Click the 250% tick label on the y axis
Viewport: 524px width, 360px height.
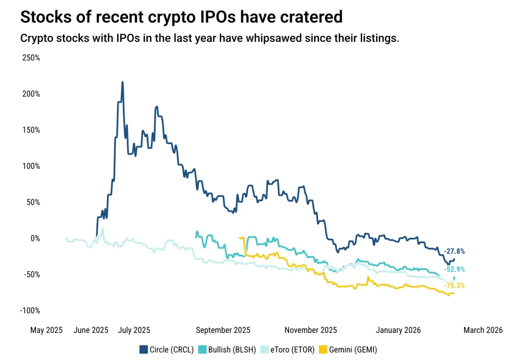[x=31, y=58]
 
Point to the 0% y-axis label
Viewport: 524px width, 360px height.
[x=34, y=238]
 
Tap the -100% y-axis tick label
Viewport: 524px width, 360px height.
[x=30, y=310]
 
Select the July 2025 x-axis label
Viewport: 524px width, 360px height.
[x=134, y=330]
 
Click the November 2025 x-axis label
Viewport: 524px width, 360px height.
[x=311, y=330]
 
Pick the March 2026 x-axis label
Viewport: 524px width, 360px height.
[x=483, y=330]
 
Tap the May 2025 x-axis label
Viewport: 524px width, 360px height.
[x=46, y=330]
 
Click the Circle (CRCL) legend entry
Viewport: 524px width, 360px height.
[x=166, y=350]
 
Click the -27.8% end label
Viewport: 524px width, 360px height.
[x=454, y=252]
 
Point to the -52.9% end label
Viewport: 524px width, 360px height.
[x=454, y=269]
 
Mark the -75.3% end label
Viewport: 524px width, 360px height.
[x=454, y=286]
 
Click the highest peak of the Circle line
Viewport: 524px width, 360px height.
[x=122, y=82]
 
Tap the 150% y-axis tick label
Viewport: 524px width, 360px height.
[x=31, y=130]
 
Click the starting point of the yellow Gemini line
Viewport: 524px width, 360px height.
[x=240, y=238]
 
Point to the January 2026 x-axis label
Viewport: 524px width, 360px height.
[x=398, y=330]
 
